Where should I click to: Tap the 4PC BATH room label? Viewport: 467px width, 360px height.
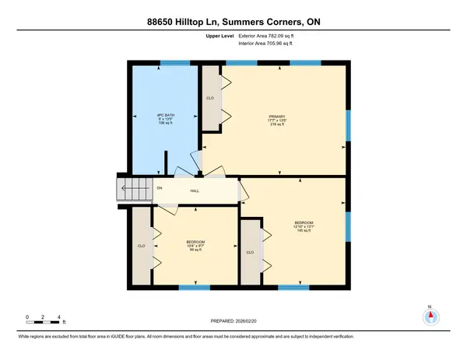click(164, 119)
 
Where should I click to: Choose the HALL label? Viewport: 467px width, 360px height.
click(197, 190)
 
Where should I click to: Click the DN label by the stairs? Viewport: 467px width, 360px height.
click(160, 188)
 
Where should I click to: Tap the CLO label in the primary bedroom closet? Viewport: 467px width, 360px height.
click(210, 98)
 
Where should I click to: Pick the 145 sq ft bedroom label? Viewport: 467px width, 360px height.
click(304, 226)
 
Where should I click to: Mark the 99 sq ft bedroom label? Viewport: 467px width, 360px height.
click(195, 245)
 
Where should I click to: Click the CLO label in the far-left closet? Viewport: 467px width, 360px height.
click(141, 246)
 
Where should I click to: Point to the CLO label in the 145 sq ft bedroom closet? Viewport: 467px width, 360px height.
click(249, 253)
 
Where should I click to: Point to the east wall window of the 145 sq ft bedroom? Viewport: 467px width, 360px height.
click(348, 224)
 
